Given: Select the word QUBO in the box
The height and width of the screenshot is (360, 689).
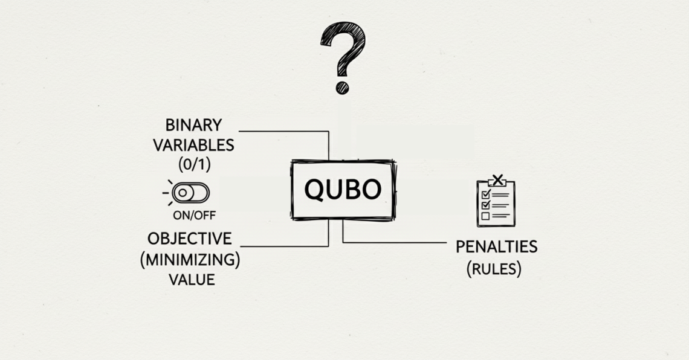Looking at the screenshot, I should tap(343, 190).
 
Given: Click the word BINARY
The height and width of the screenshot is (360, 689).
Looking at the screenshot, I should tap(193, 125).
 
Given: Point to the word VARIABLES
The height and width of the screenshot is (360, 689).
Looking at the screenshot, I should tap(193, 145).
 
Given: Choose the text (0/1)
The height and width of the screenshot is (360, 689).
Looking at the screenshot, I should tap(194, 164).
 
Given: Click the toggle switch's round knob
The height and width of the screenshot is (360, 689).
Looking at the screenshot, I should tap(183, 193).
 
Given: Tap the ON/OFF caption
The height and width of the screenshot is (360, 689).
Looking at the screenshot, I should tap(194, 215).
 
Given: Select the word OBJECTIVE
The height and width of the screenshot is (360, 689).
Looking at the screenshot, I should tap(189, 238).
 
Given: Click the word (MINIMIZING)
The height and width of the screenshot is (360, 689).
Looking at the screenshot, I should tap(190, 260).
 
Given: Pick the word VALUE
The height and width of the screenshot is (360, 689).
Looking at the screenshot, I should tap(191, 279).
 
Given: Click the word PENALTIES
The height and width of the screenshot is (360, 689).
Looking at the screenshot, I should tap(496, 246).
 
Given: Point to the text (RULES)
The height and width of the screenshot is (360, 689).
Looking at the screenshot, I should tap(494, 268).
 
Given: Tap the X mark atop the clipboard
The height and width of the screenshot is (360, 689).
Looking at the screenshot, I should tap(497, 179).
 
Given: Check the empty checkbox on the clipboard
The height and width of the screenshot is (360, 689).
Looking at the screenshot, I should tap(485, 215).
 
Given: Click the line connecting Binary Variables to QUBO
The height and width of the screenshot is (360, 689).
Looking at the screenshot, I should tap(284, 131).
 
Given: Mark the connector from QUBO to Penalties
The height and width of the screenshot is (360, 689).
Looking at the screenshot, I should tap(393, 242).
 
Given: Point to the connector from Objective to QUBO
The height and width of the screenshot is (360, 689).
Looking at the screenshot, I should tap(284, 246).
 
